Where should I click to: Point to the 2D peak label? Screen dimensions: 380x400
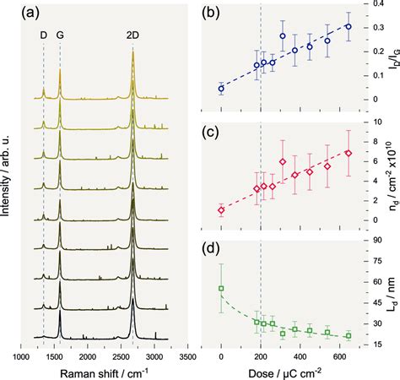click(133, 36)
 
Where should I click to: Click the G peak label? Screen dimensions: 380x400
click(60, 36)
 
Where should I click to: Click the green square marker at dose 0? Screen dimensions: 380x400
click(221, 289)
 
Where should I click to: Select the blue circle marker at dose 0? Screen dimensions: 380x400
click(221, 89)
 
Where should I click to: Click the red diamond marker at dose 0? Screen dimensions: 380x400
click(221, 210)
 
